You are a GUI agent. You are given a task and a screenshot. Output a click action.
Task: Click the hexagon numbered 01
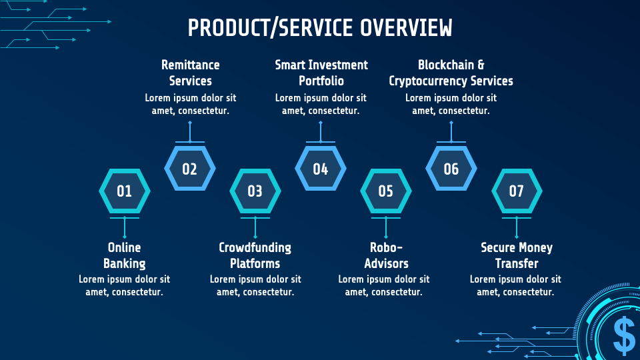(125, 191)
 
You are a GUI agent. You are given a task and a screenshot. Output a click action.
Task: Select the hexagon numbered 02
(190, 169)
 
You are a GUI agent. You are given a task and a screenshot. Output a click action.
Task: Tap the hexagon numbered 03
(255, 191)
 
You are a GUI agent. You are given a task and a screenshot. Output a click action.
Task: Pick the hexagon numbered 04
(321, 169)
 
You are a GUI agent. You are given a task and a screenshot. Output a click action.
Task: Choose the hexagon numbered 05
(386, 191)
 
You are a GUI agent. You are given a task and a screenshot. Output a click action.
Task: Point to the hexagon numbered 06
(451, 169)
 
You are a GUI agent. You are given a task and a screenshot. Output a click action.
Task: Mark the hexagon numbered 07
(517, 191)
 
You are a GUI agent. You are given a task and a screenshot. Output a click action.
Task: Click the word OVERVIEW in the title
(406, 28)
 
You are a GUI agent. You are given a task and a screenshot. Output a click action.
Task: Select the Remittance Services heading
(190, 73)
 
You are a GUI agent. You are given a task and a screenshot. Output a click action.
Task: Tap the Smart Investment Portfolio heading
(321, 73)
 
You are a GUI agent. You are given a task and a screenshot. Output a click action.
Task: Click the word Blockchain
(446, 65)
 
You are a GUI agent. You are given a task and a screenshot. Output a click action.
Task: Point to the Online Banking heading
(125, 255)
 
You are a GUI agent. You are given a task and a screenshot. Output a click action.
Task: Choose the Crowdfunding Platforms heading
(255, 255)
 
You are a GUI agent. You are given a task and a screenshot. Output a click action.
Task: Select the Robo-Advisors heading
(386, 255)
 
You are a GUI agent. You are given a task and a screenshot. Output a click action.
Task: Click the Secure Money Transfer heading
(517, 255)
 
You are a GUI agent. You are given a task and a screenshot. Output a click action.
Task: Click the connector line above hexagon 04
(321, 132)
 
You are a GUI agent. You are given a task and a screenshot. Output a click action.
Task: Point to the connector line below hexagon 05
(386, 228)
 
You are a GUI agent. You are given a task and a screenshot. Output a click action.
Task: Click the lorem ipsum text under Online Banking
(125, 285)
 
